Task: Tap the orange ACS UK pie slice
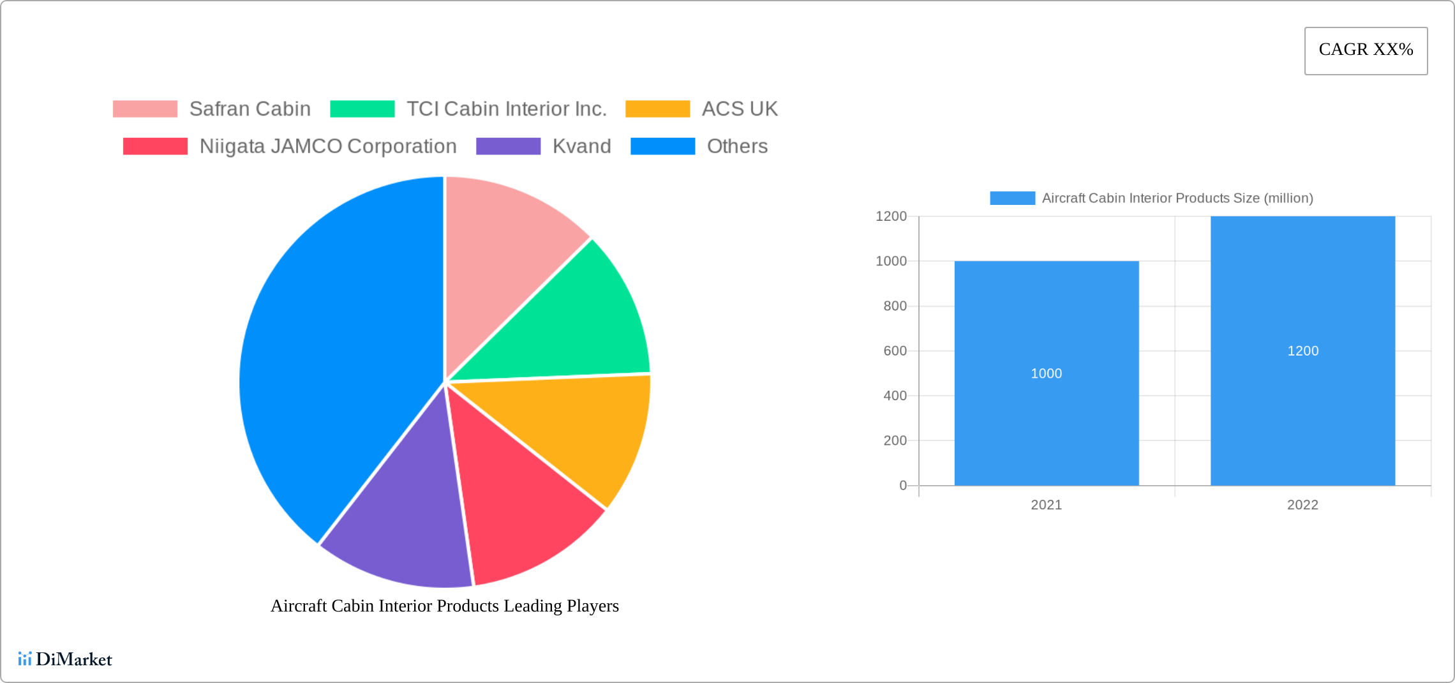(x=574, y=428)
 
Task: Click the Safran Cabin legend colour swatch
(x=145, y=109)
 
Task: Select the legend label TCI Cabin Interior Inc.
(x=506, y=109)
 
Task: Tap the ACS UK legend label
(x=740, y=109)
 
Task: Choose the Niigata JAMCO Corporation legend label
(x=328, y=146)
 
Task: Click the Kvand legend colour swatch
(x=508, y=146)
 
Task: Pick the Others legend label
(x=737, y=146)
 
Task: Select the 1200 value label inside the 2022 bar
(x=1302, y=351)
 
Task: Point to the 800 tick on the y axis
(x=895, y=306)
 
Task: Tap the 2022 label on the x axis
(x=1302, y=505)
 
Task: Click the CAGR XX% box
(x=1366, y=50)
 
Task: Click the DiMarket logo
(x=65, y=659)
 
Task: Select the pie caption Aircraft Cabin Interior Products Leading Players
(x=445, y=606)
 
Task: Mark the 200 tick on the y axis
(x=895, y=440)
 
